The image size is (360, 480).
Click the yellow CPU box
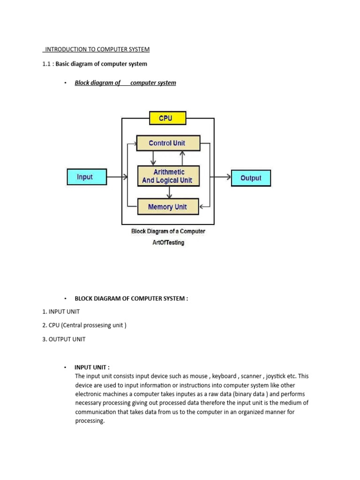(167, 118)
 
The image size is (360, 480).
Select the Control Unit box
(168, 143)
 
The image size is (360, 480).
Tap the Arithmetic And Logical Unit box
(168, 176)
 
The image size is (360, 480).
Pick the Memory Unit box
(168, 207)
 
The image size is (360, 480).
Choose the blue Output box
(251, 178)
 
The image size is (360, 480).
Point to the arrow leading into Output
(221, 177)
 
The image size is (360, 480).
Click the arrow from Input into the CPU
(117, 177)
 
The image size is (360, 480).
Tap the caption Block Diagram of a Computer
(168, 231)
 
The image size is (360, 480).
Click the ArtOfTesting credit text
(168, 242)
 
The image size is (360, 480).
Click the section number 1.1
(46, 64)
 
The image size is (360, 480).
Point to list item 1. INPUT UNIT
(61, 311)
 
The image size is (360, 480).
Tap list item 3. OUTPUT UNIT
(64, 339)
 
